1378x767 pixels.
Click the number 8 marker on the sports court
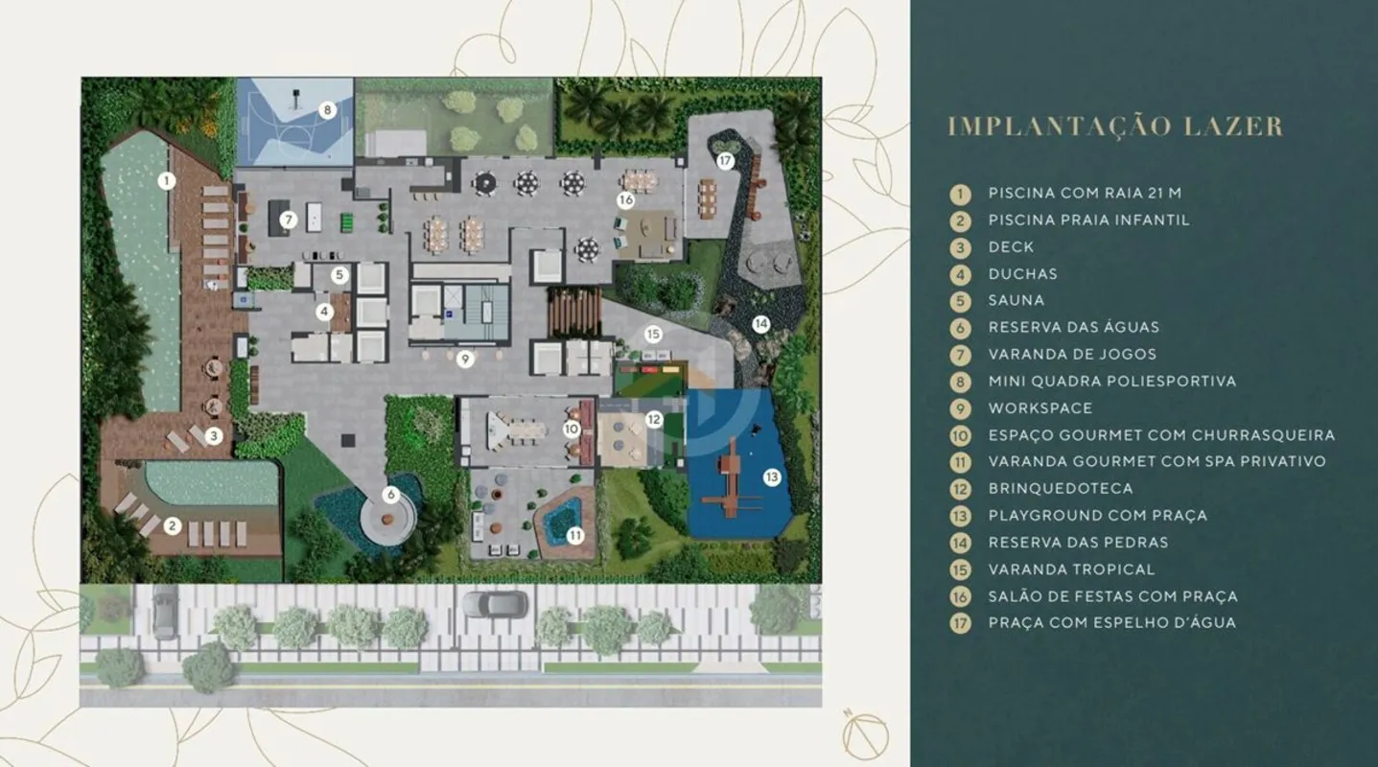coord(327,110)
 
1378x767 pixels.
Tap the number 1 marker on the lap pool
coord(166,181)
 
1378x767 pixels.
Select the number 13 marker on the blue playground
coord(771,476)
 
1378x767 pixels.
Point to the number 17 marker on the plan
coord(725,160)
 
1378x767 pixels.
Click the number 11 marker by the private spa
coord(575,536)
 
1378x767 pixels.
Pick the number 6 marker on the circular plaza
coord(390,495)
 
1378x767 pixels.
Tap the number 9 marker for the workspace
coord(465,359)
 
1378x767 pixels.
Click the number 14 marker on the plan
coord(761,323)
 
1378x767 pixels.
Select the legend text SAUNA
coord(1016,300)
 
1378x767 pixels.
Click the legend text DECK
coord(1012,246)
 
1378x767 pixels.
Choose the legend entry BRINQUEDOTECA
coord(1061,488)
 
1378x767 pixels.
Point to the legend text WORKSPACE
coord(1040,407)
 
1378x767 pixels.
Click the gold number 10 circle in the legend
coord(960,435)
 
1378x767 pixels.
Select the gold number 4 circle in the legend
coord(960,274)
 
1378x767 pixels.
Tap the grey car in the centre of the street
coord(495,604)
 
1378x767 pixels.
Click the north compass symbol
coord(865,735)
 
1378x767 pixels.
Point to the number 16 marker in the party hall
coord(625,199)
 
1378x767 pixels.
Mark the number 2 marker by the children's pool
coord(173,526)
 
